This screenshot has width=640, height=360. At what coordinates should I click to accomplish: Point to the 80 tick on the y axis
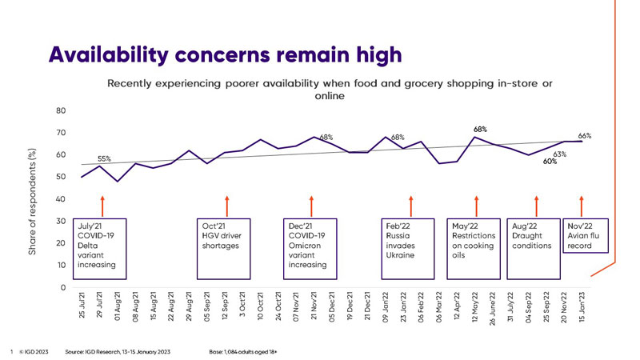[61, 110]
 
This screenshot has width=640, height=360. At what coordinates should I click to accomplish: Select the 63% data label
[560, 154]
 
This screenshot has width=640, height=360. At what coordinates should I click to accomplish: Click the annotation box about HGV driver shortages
[227, 236]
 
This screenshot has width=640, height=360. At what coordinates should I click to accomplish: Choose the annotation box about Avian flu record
[586, 236]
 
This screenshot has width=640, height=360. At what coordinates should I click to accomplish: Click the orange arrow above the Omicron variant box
[311, 206]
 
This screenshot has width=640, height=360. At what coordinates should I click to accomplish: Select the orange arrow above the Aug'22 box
[536, 206]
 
